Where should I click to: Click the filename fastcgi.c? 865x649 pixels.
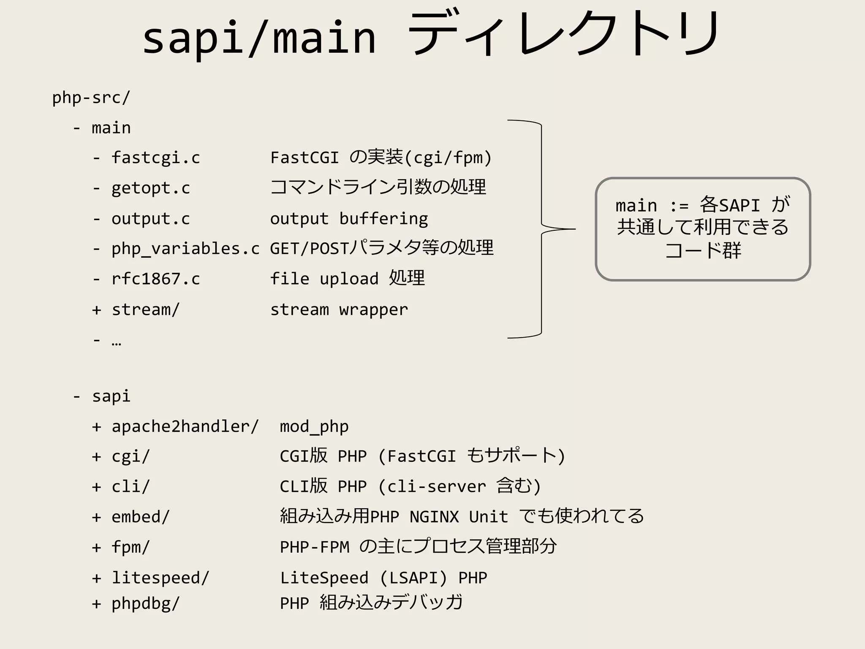(155, 158)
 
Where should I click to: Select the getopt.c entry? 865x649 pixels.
(150, 188)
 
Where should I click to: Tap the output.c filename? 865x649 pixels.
(150, 219)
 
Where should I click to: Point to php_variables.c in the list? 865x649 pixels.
(185, 249)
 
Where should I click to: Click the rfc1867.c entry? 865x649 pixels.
(155, 279)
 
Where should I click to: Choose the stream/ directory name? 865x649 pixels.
(145, 310)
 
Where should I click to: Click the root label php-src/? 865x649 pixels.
(91, 98)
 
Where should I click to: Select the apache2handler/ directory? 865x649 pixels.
(185, 426)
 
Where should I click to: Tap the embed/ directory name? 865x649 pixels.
(140, 517)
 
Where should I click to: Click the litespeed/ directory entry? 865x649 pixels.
(160, 578)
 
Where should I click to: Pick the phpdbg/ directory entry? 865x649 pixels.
(145, 603)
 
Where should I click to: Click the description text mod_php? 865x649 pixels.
(314, 427)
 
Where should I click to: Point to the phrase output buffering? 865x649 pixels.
(349, 219)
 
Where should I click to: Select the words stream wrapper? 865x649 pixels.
(339, 310)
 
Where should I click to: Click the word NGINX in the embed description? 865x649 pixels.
(434, 517)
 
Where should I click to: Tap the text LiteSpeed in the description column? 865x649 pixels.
(324, 578)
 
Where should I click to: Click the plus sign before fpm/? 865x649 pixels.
(97, 548)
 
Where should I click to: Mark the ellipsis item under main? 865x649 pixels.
(116, 341)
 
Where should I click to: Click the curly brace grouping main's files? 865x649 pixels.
(541, 229)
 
